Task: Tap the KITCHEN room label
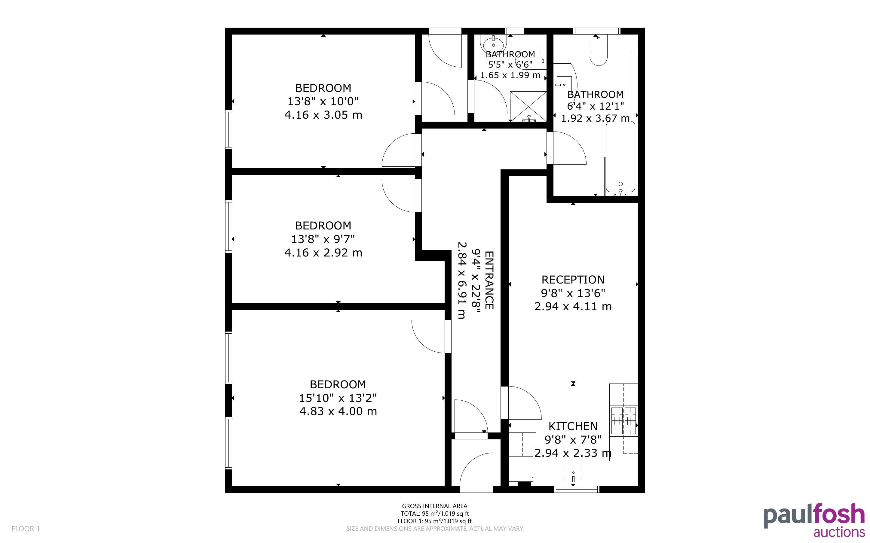pyautogui.click(x=573, y=426)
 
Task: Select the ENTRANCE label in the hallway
pyautogui.click(x=489, y=280)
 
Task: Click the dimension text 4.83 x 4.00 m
pyautogui.click(x=338, y=411)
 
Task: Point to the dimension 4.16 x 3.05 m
pyautogui.click(x=323, y=115)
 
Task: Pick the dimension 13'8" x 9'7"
pyautogui.click(x=323, y=239)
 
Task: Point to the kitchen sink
pyautogui.click(x=573, y=473)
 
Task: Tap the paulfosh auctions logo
pyautogui.click(x=814, y=520)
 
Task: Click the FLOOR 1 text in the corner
pyautogui.click(x=26, y=529)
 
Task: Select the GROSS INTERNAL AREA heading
pyautogui.click(x=434, y=506)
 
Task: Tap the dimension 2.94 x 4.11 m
pyautogui.click(x=573, y=306)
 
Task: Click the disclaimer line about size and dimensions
pyautogui.click(x=434, y=529)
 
